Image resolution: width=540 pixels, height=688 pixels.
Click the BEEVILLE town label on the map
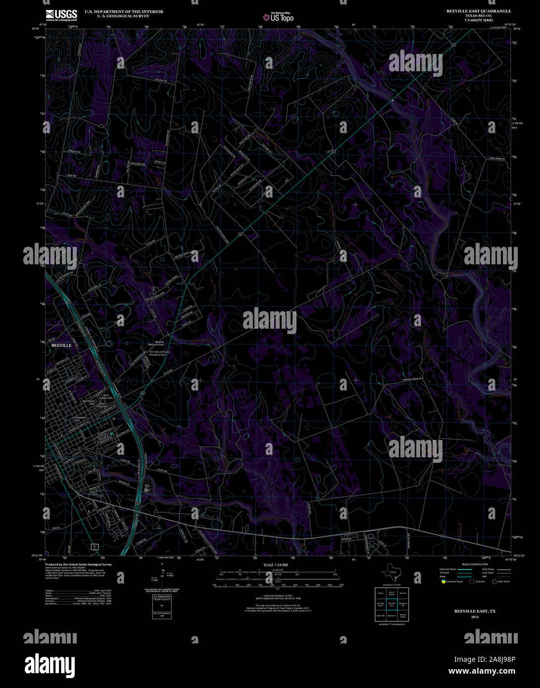pos(58,345)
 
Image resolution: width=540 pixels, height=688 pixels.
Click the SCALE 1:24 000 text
pos(276,565)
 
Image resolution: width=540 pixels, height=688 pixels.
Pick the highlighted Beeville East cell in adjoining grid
pos(392,604)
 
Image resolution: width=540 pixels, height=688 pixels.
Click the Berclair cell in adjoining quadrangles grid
pos(403,592)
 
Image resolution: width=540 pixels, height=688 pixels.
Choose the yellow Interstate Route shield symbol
pos(443,582)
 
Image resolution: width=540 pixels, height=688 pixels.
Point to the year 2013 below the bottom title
pos(475,617)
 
